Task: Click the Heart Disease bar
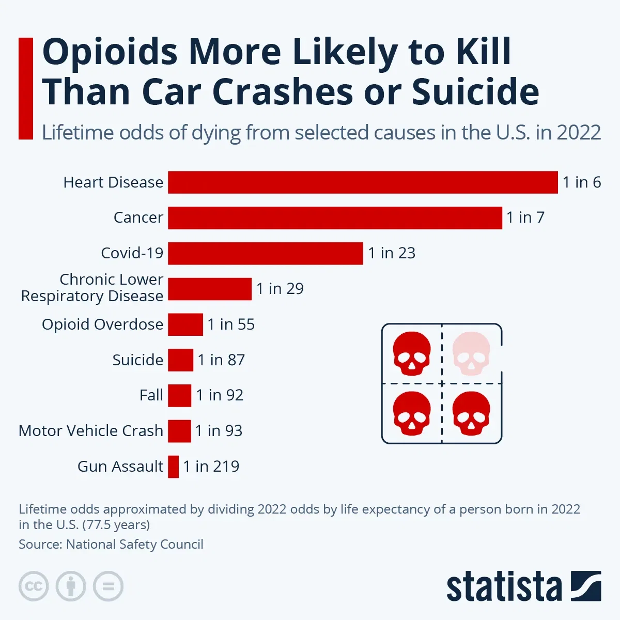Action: pos(363,182)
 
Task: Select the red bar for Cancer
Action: pos(335,218)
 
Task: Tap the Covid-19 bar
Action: pos(265,253)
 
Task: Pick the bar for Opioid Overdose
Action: pos(185,324)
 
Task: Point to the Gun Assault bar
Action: pos(174,467)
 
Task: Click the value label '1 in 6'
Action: pos(581,182)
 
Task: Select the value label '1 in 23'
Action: pos(391,253)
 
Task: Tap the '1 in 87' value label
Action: pos(221,360)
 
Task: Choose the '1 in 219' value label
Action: pos(211,467)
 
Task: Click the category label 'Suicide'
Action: pos(137,360)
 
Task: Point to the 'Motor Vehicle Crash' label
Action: pos(91,431)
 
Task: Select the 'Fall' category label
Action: pos(151,395)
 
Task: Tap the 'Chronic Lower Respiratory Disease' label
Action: pos(92,288)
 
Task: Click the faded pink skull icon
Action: pos(471,353)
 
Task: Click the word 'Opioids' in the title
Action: pos(110,52)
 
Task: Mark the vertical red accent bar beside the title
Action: pos(26,88)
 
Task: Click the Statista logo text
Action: pos(504,587)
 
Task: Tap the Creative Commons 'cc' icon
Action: pos(34,586)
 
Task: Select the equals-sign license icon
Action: pos(108,586)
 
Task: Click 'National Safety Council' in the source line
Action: pos(135,544)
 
